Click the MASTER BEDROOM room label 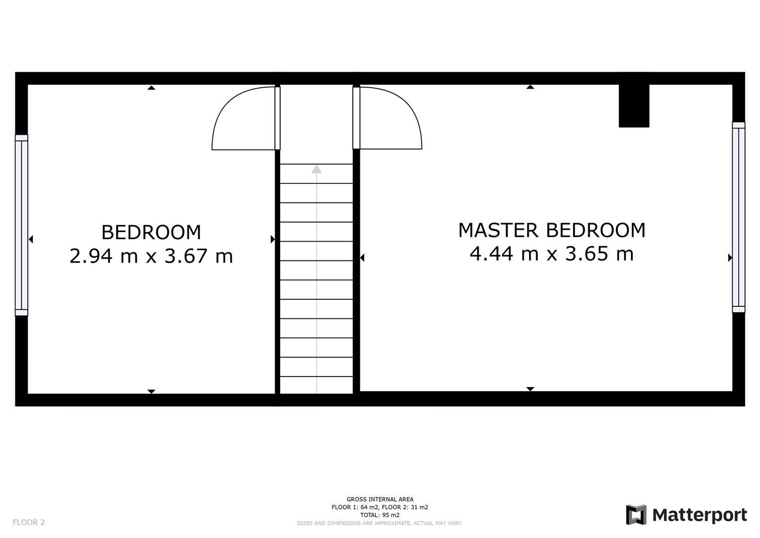[551, 230]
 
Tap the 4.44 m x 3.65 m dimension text [551, 254]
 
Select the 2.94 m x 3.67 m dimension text [151, 256]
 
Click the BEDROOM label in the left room [151, 232]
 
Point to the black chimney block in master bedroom [634, 106]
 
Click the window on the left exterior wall [21, 225]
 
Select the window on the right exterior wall [738, 217]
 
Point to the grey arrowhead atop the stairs [317, 169]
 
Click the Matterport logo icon [636, 515]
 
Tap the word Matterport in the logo [699, 515]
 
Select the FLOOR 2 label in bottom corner [28, 522]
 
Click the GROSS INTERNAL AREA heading [380, 499]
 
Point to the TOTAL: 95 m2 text [380, 515]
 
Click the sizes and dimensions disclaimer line [380, 523]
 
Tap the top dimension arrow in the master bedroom [530, 87]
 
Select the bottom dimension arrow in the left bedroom [151, 392]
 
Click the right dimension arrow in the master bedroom [730, 258]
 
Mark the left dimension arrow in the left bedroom [31, 240]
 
